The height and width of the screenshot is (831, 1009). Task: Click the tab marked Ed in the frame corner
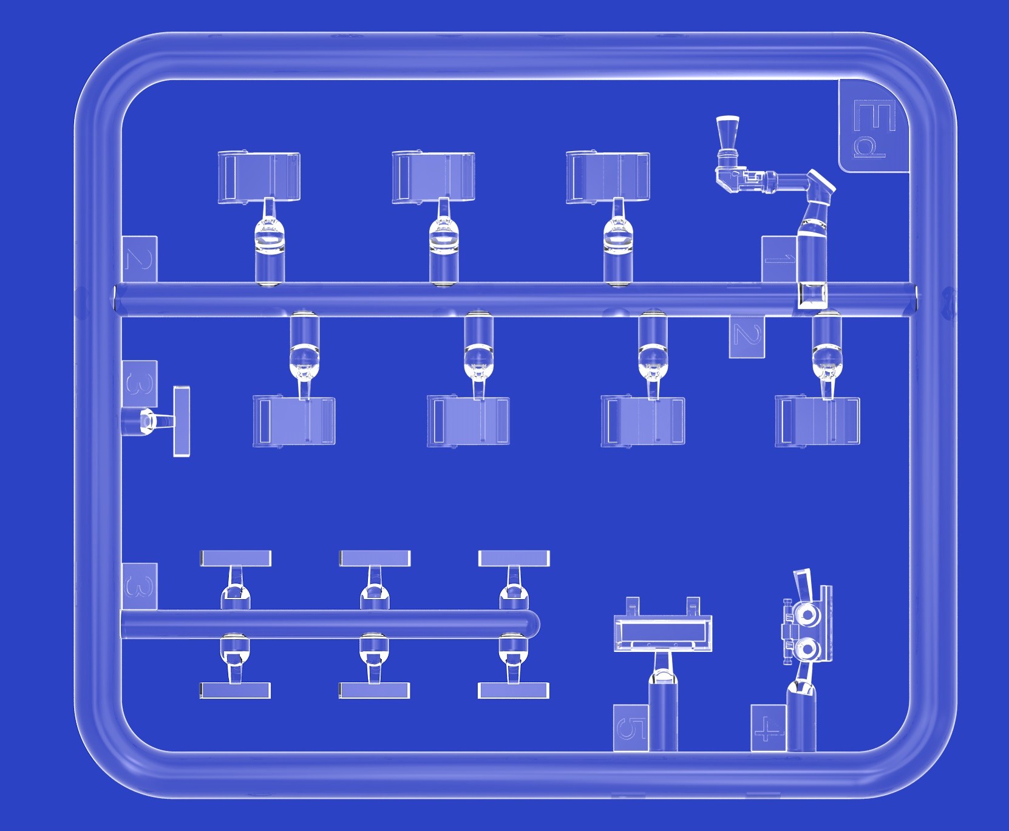coord(874,127)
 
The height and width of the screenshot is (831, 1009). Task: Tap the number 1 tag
coord(779,259)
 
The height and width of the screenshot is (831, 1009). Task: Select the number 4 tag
coord(768,728)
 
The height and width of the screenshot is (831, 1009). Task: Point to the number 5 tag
coord(631,728)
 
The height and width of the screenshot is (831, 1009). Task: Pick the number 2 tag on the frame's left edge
coord(140,259)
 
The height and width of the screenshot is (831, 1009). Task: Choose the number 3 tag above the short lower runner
coord(140,586)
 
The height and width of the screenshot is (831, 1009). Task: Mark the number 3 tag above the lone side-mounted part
coord(140,384)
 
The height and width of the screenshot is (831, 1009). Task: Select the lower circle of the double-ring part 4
coord(807,650)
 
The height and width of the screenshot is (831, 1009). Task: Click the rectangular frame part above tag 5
coord(663,633)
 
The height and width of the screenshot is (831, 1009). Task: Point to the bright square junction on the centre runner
coord(812,296)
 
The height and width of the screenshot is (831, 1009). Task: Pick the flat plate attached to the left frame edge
coord(182,421)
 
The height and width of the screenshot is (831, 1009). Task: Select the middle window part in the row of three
coord(433,177)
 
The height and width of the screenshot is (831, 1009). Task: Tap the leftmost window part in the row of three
coord(259,177)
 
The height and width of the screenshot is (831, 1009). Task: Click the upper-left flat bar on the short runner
coord(236,558)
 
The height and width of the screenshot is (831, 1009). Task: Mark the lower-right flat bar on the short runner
coord(514,690)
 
